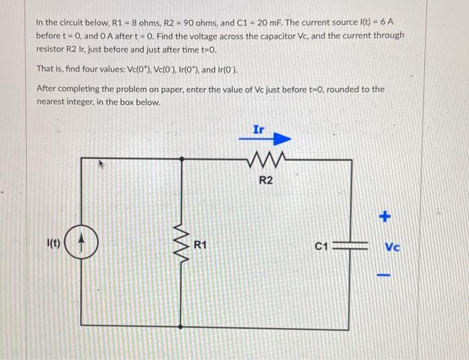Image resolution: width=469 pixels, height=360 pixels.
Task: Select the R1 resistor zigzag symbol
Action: point(182,244)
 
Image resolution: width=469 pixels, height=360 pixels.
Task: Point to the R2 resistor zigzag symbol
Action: point(266,160)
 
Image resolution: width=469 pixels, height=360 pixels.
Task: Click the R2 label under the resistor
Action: point(266,181)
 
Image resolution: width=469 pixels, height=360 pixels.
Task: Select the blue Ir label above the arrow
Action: point(259,127)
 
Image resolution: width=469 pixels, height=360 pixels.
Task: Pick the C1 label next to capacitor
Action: point(321,246)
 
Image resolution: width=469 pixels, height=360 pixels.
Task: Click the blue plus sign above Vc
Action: point(385,217)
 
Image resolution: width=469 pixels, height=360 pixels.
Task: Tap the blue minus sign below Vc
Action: point(385,274)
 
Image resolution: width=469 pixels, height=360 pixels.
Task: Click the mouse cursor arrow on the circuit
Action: point(103,162)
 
